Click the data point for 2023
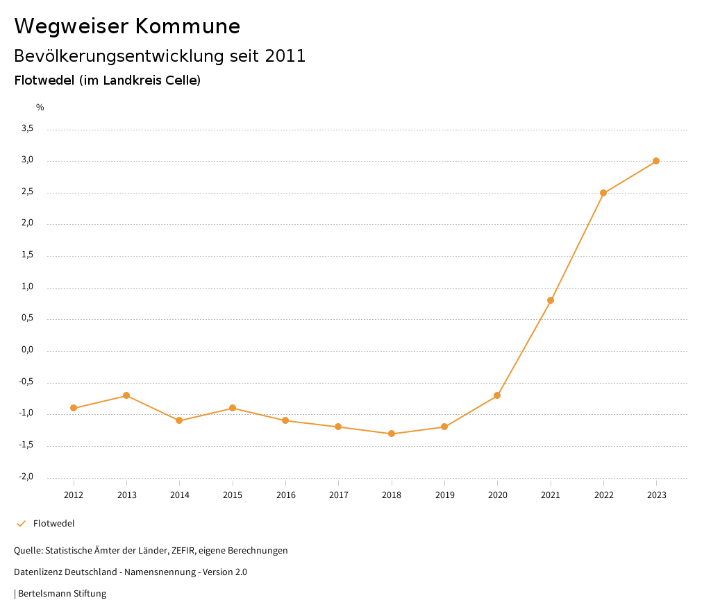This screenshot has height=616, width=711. [x=656, y=161]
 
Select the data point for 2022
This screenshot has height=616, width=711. [x=603, y=193]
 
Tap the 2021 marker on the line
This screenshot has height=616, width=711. [x=551, y=300]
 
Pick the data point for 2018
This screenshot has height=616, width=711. [x=392, y=434]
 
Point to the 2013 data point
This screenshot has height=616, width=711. [x=126, y=395]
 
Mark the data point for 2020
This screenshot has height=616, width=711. [x=497, y=395]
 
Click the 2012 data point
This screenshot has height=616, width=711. [x=74, y=408]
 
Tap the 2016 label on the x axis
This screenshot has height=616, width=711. [x=285, y=495]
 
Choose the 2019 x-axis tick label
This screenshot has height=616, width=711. [x=444, y=495]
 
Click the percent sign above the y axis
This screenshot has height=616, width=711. [x=40, y=108]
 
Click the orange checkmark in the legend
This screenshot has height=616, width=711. [x=21, y=524]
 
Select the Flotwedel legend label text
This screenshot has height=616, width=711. [x=53, y=524]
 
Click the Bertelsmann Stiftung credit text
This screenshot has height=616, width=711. [x=62, y=594]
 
